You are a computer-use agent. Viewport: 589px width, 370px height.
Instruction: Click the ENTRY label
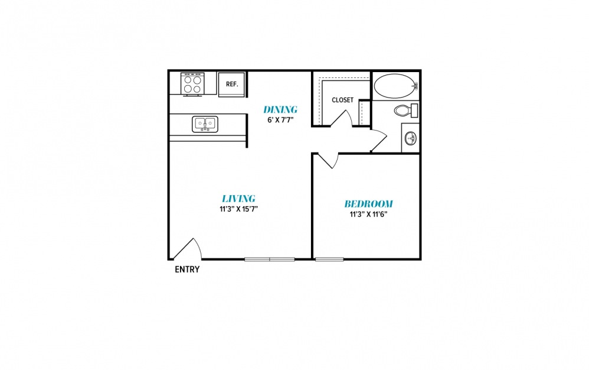187,270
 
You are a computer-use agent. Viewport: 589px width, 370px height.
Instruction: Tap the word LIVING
238,199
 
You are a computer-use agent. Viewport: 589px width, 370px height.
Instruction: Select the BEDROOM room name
368,204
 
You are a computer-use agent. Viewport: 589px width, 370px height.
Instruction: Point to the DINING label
280,109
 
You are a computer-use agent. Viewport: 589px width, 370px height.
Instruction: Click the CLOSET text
342,100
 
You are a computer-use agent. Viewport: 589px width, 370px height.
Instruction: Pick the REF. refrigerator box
232,85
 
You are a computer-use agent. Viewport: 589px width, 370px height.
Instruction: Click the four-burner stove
193,84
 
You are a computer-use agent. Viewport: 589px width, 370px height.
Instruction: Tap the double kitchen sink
205,124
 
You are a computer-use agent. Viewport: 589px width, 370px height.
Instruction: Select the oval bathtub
396,86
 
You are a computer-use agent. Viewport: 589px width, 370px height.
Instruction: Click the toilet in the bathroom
406,111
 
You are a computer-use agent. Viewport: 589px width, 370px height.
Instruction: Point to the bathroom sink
411,138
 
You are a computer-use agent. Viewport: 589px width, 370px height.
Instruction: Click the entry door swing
187,249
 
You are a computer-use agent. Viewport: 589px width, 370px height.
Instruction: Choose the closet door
342,119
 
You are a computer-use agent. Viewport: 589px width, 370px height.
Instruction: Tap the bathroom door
379,140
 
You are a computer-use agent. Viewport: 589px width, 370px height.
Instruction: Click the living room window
269,259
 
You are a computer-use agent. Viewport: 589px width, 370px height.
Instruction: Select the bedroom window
329,259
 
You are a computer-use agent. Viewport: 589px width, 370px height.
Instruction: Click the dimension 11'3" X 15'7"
238,209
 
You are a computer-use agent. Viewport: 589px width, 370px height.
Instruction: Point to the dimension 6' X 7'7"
280,121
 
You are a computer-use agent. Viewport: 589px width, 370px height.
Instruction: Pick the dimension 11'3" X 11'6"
368,215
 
